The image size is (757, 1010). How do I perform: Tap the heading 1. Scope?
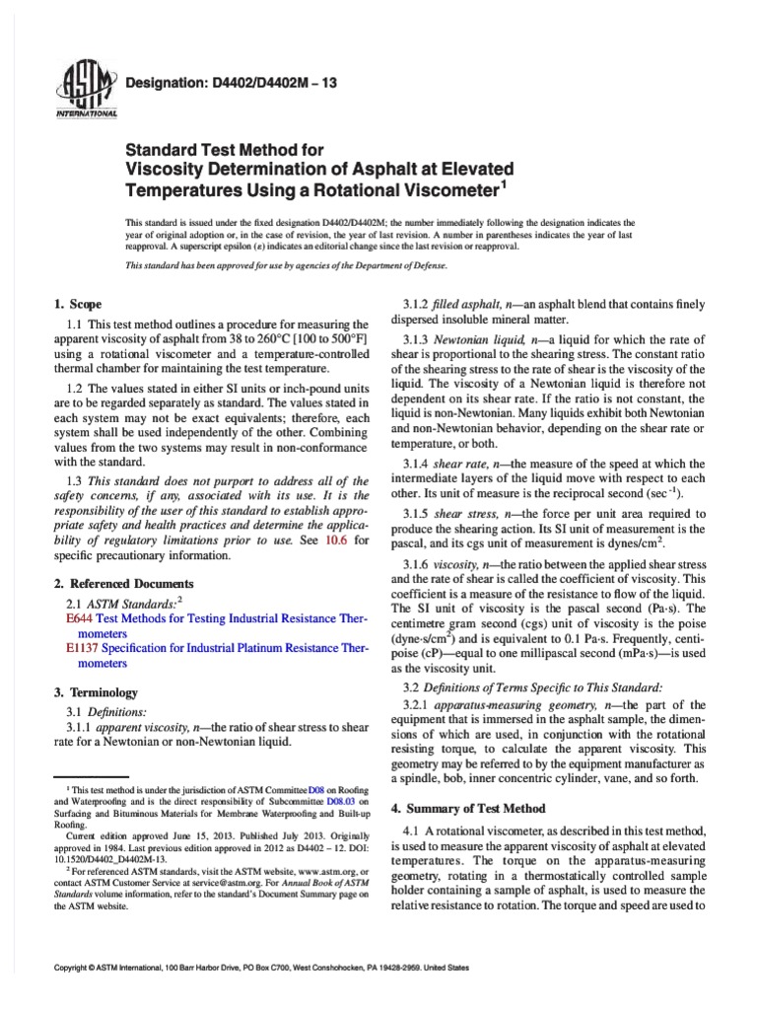tap(75, 304)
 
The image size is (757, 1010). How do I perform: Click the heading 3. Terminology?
tap(96, 692)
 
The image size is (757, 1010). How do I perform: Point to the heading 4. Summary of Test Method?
tap(467, 808)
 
